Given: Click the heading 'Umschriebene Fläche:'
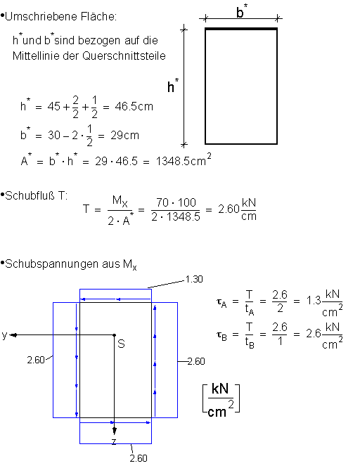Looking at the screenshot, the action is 60,16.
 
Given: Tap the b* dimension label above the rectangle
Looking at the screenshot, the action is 242,12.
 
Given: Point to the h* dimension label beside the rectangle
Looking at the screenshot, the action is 173,86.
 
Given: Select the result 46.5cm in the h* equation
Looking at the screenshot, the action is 134,106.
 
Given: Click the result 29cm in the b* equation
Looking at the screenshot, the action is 125,135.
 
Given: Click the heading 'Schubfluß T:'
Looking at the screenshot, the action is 37,196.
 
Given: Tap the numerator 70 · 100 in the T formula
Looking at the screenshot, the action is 176,202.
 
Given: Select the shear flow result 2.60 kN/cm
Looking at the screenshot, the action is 237,209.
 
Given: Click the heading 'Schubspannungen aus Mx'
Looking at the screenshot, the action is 71,264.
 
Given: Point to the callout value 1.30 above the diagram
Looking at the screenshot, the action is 194,279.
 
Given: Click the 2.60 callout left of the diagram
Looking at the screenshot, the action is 36,360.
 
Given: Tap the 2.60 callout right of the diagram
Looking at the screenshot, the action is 196,361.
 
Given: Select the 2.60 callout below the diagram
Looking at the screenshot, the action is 139,458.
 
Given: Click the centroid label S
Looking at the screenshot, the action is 121,344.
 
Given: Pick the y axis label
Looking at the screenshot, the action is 4,335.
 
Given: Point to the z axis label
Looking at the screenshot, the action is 114,441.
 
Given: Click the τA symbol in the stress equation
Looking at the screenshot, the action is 221,302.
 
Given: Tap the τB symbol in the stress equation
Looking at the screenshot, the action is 221,335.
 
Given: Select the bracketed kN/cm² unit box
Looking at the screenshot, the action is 221,399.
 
